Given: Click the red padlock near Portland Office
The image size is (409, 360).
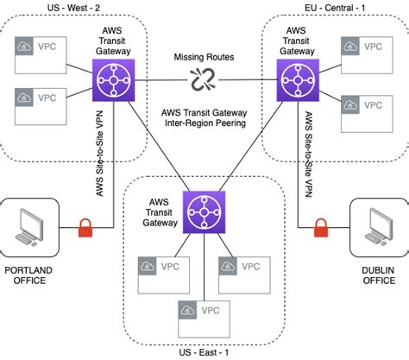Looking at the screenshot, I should [86, 229].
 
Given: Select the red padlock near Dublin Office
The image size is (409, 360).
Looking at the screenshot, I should [321, 229].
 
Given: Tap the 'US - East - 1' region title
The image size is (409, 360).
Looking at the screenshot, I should [203, 351].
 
